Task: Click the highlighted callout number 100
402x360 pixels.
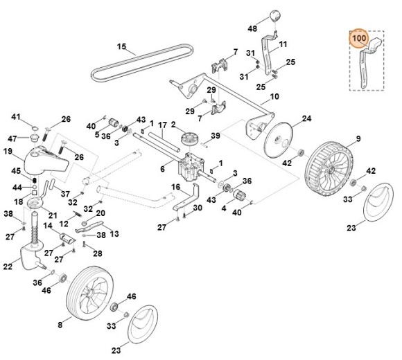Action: coord(358,38)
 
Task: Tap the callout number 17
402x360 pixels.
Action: coord(161,125)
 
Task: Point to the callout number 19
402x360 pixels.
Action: coord(8,151)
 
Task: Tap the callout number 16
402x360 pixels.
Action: coord(175,187)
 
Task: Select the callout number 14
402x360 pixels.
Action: coord(49,226)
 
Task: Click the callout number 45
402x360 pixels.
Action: coord(15,171)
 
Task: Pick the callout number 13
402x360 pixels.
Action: coord(114,234)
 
